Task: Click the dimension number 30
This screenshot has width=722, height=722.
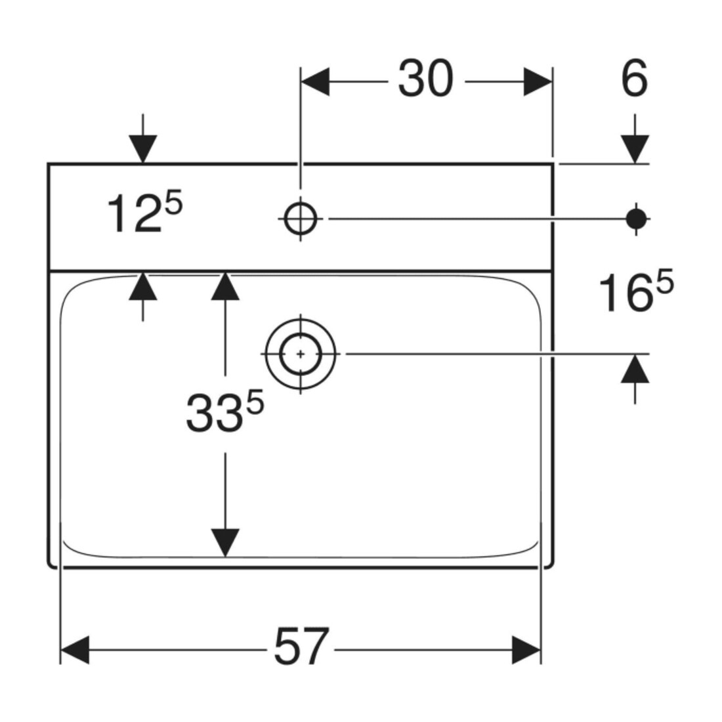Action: point(426,79)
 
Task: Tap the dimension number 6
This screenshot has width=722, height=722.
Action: point(635,79)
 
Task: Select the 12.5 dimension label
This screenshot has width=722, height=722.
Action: point(145,212)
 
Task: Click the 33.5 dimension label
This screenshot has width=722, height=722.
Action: point(225,411)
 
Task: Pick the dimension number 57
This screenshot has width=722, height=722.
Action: point(302,647)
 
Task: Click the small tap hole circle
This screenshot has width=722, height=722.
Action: point(301,219)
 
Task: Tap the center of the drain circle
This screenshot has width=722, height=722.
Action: point(301,354)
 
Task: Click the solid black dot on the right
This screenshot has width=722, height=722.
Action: point(637,219)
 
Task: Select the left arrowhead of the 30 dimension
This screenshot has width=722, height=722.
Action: point(315,82)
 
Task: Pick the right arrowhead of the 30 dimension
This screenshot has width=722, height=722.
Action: point(538,82)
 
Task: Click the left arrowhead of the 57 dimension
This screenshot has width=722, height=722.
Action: point(75,650)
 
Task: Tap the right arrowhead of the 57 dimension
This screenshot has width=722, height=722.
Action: point(526,650)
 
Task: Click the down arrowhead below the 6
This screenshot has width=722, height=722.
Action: point(635,149)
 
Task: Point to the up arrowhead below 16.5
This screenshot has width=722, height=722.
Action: point(635,368)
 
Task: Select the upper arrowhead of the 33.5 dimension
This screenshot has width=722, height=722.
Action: point(225,286)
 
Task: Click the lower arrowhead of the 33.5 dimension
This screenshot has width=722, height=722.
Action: point(225,543)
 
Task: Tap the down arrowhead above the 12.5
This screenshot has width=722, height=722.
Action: point(142,149)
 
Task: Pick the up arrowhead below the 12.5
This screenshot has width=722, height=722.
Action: point(142,286)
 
